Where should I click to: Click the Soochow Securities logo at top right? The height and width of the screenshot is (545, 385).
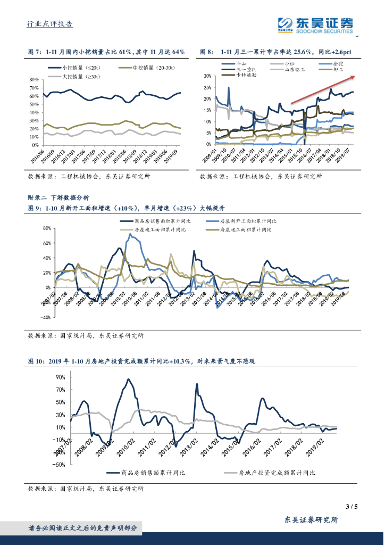315,24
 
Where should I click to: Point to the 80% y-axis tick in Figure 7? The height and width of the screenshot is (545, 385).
34,79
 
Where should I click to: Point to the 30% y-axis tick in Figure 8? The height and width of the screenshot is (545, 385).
208,76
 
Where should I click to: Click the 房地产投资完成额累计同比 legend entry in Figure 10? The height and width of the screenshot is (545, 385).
277,472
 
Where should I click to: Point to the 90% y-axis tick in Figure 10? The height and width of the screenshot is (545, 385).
60,377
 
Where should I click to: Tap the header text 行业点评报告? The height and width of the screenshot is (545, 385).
50,24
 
